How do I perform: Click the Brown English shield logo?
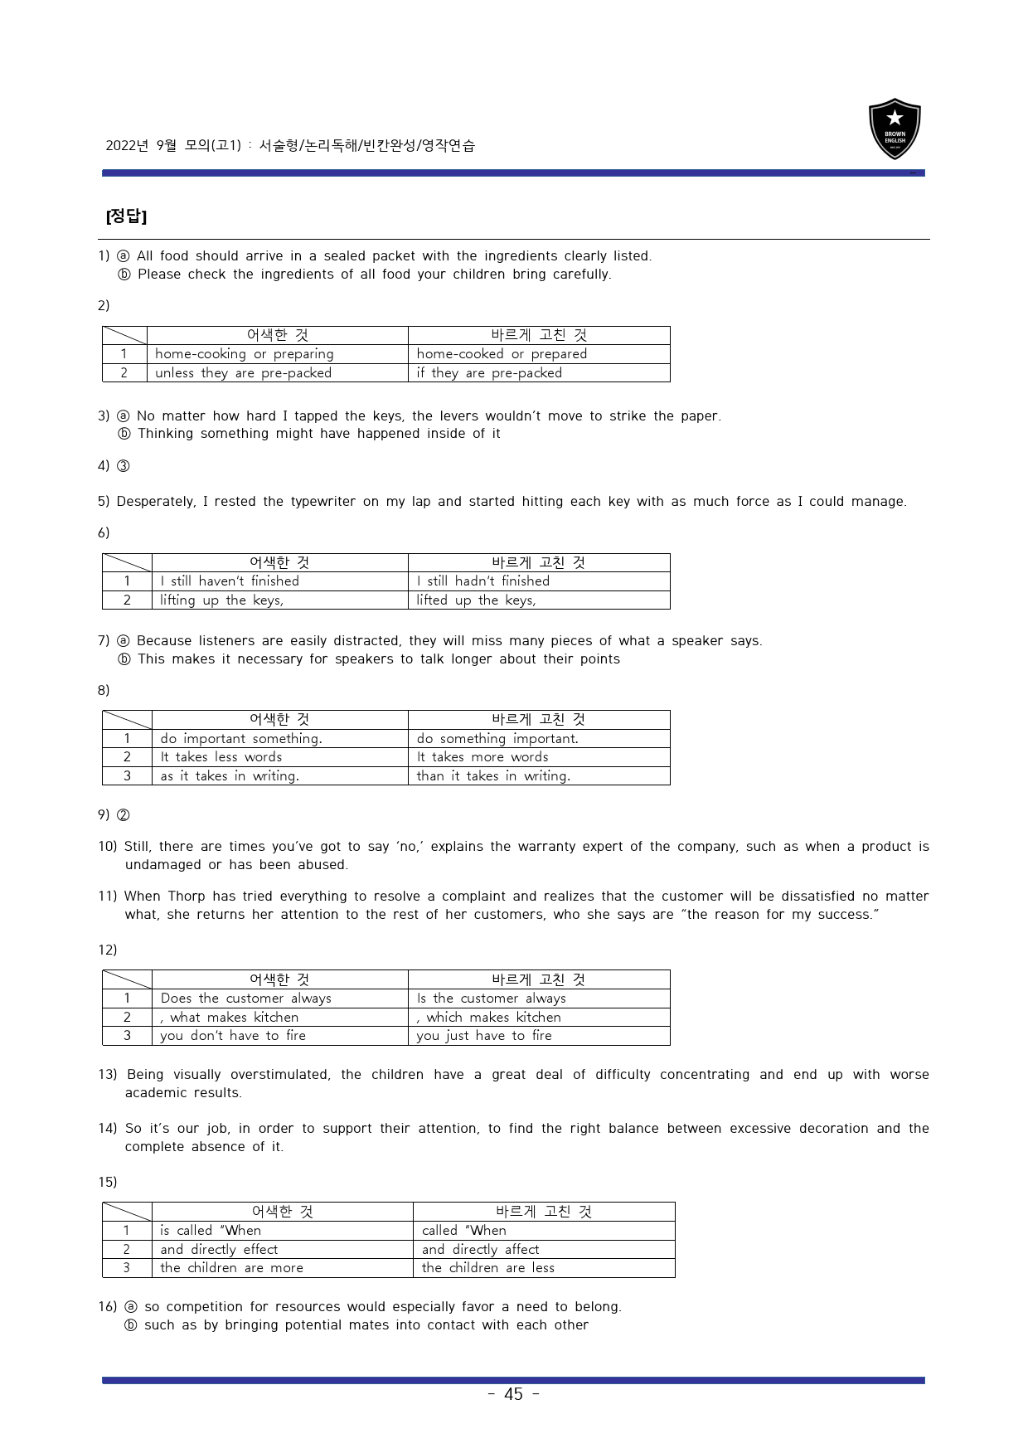895,129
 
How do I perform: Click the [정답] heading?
126,216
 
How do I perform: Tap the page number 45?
513,1394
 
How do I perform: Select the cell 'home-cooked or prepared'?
502,354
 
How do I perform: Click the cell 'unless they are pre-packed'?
243,373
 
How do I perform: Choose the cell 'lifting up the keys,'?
221,600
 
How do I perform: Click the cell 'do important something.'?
241,739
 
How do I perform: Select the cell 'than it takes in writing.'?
493,776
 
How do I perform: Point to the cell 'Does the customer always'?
245,999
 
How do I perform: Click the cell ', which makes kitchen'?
489,1018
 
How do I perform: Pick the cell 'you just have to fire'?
484,1036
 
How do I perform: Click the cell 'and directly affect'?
480,1250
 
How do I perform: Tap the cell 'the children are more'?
231,1268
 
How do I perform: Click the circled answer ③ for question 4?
123,466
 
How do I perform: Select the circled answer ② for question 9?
123,815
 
